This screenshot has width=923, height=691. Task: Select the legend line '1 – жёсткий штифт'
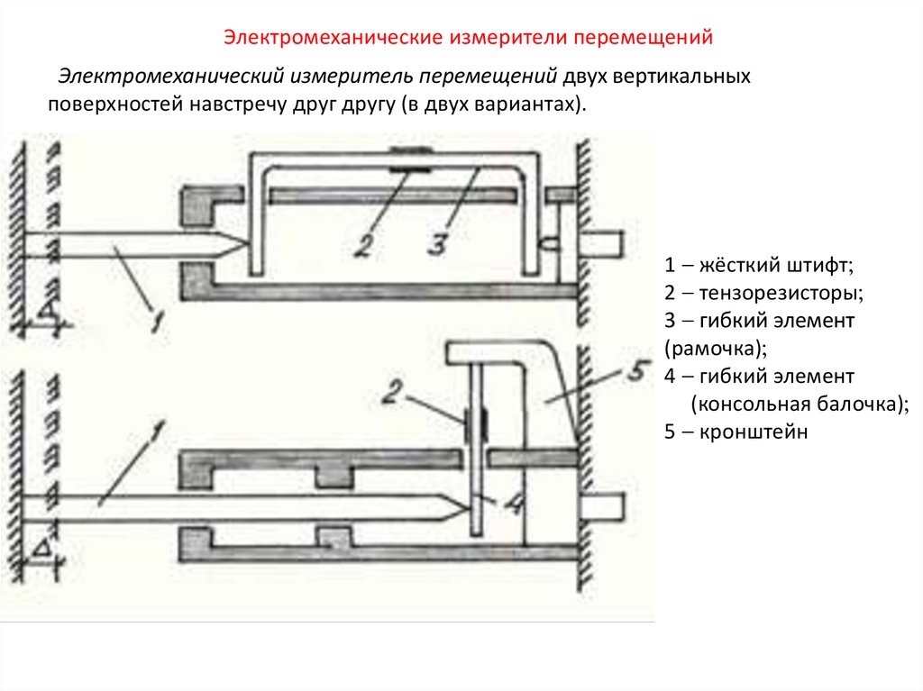(758, 266)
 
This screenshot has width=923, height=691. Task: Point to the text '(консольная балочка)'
(799, 404)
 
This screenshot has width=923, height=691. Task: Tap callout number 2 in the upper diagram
(361, 245)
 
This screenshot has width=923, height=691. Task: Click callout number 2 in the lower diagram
(388, 392)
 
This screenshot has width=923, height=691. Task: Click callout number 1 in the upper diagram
(156, 316)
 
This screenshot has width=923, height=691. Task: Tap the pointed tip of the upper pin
(243, 242)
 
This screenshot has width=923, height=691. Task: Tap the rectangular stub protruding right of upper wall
(603, 241)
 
